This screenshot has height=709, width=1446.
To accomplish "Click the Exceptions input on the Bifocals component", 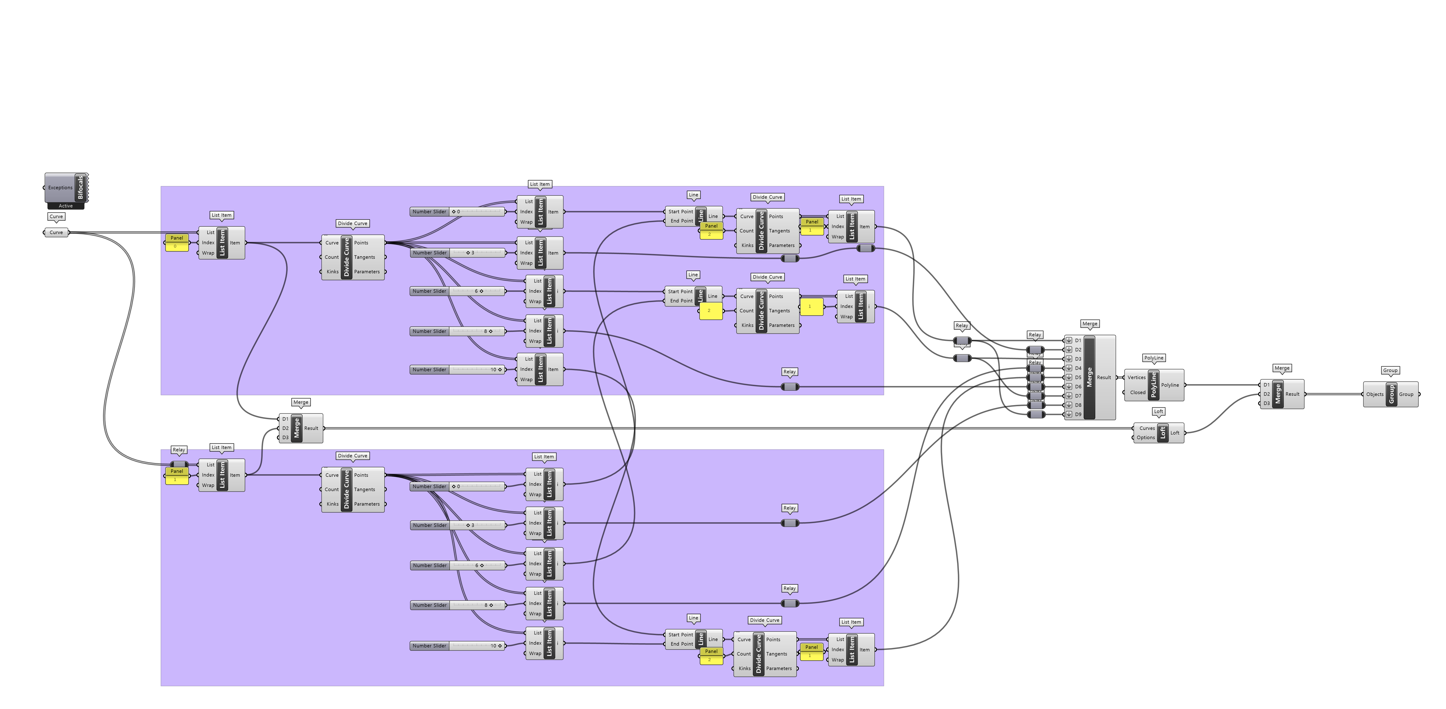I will [x=60, y=188].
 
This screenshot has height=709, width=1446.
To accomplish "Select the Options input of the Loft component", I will [x=1145, y=437].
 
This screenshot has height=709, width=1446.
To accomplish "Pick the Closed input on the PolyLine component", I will [x=1137, y=392].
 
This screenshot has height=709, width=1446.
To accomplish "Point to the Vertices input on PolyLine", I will [x=1136, y=377].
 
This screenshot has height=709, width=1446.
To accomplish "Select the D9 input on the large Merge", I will [x=1077, y=414].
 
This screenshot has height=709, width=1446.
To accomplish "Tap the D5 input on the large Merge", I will [x=1077, y=377].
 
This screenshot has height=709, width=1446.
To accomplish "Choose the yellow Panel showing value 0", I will [x=176, y=246].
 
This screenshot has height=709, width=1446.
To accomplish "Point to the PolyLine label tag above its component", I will [x=1154, y=358].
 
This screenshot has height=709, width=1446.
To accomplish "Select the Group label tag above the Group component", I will [x=1390, y=370].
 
